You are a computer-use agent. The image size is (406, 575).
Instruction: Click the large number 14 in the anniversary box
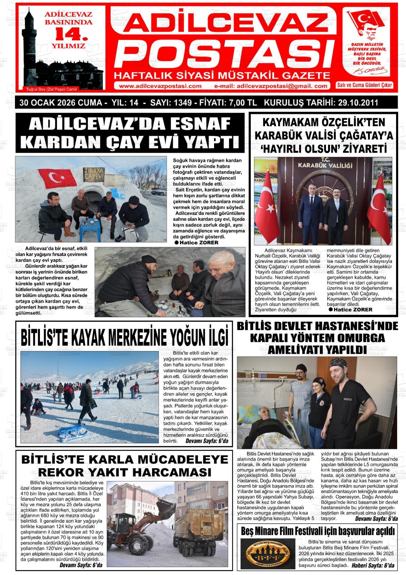click(70, 35)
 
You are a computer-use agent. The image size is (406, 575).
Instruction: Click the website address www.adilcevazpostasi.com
click(160, 86)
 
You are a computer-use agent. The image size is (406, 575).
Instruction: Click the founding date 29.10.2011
click(356, 103)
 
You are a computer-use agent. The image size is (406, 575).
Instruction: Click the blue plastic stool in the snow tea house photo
click(89, 230)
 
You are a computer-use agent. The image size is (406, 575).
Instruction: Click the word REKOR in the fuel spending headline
click(62, 472)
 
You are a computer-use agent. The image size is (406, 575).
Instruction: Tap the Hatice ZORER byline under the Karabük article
click(353, 309)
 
